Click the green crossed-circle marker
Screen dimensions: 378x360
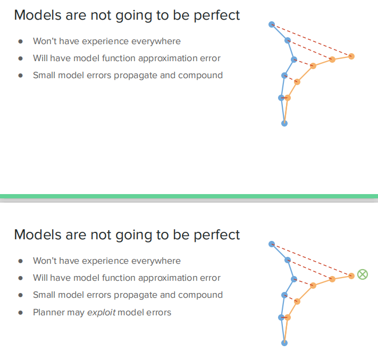click(x=363, y=274)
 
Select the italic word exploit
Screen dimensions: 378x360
click(x=101, y=312)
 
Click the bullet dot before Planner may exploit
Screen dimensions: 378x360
click(x=21, y=313)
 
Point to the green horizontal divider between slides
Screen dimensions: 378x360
click(x=189, y=196)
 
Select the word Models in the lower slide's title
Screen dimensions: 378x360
click(x=36, y=235)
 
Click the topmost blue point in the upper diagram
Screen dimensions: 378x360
click(x=272, y=24)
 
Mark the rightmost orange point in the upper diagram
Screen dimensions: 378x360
click(x=351, y=56)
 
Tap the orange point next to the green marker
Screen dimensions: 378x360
click(x=351, y=275)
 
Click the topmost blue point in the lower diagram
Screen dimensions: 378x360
click(x=272, y=244)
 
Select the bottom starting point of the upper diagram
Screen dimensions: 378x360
click(x=284, y=123)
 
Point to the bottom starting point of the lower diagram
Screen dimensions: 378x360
click(x=284, y=343)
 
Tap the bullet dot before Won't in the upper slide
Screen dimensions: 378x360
click(x=21, y=41)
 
